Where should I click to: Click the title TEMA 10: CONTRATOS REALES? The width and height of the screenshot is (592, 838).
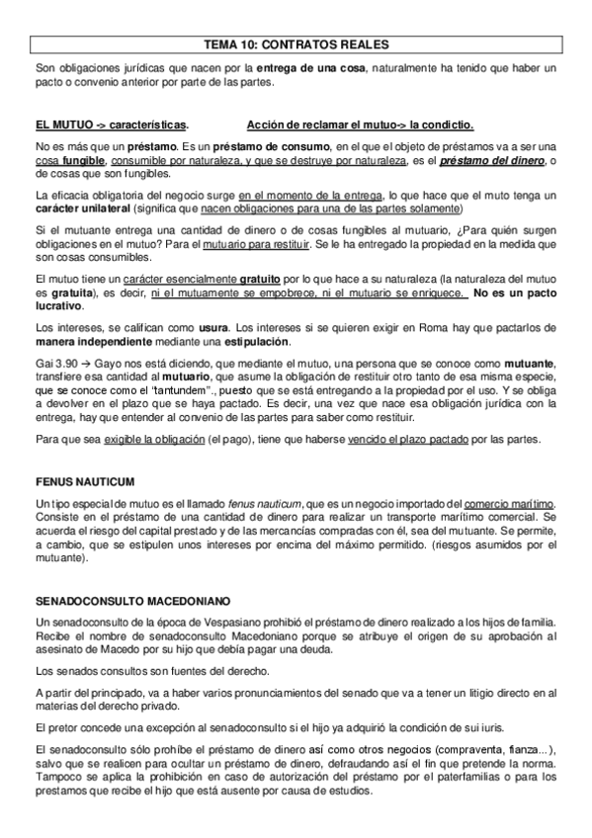296,43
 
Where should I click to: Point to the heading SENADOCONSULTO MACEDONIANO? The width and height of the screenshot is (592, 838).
131,600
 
